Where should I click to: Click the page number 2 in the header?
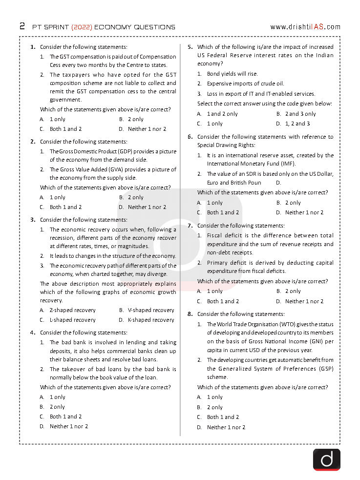pyautogui.click(x=22, y=26)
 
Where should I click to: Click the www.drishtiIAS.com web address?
pyautogui.click(x=305, y=27)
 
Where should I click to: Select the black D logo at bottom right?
pyautogui.click(x=326, y=459)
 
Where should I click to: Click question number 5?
pyautogui.click(x=191, y=47)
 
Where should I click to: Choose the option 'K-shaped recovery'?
pyautogui.click(x=151, y=320)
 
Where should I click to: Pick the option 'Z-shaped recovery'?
pyautogui.click(x=72, y=310)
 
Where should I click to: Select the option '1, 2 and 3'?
pyautogui.click(x=297, y=124)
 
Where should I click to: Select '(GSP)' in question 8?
pyautogui.click(x=325, y=369)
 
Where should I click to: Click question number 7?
pyautogui.click(x=191, y=226)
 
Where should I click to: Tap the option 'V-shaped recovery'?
pyautogui.click(x=151, y=310)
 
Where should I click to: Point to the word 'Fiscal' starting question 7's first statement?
pyautogui.click(x=215, y=235)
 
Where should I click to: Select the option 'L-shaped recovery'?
pyautogui.click(x=72, y=320)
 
